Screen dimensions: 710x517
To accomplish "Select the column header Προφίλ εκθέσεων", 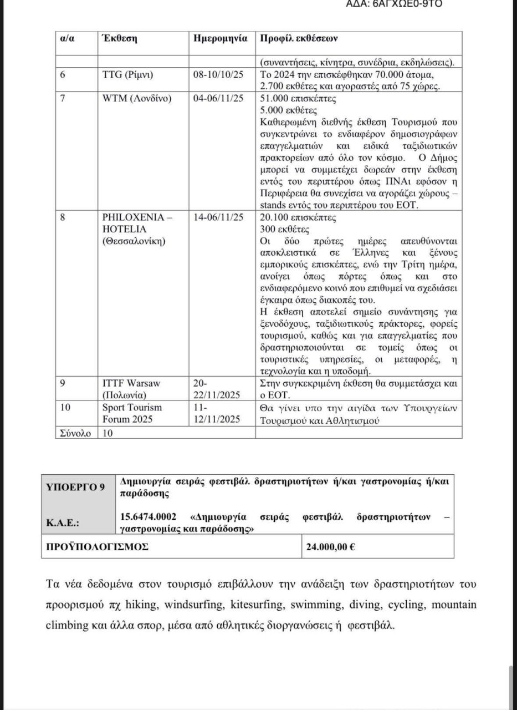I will (299, 40).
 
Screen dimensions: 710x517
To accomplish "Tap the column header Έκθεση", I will (120, 40).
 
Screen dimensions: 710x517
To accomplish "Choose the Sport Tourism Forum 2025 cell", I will (127, 413).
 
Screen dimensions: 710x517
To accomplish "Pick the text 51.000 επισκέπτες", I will (290, 98).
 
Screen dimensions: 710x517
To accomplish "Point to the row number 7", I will (63, 98).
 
